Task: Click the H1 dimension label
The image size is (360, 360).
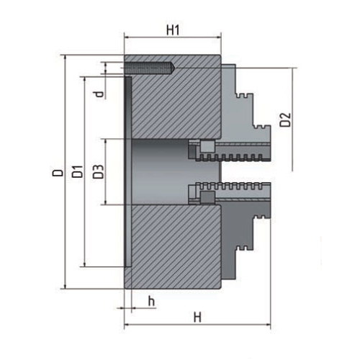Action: click(172, 30)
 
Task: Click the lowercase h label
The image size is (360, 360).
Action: click(150, 300)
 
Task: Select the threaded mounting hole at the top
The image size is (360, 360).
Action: click(149, 68)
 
